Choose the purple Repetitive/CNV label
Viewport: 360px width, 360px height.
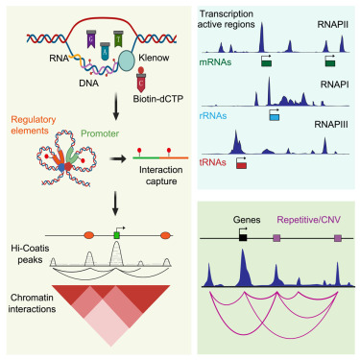point(301,219)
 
